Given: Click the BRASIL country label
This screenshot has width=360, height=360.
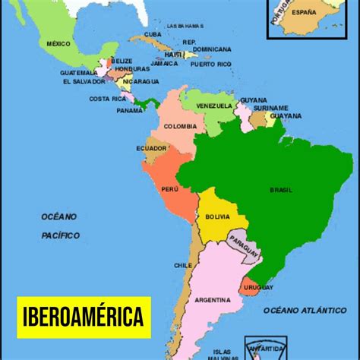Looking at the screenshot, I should (280, 191).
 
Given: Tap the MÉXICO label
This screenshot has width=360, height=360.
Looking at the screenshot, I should (58, 43).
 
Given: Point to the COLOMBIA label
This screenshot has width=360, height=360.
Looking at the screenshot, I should (180, 127).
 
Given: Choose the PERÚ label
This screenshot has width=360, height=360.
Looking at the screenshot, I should (170, 188).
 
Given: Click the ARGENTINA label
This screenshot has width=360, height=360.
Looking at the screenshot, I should (213, 300).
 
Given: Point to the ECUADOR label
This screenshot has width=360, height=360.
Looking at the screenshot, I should (152, 148).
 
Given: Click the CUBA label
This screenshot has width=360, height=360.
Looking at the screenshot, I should (153, 34).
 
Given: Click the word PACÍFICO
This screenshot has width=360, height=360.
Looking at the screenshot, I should (61, 235).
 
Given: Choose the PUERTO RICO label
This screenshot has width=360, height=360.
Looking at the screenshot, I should (213, 65).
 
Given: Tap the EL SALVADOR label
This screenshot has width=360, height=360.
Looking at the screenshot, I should (84, 81).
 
